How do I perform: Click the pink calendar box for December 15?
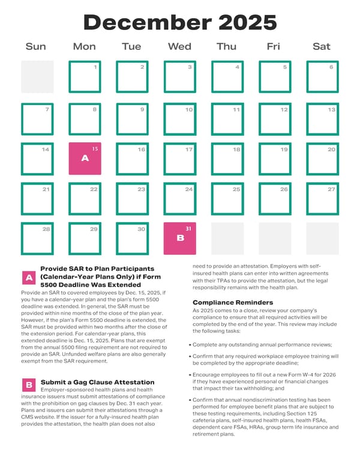pos(85,159)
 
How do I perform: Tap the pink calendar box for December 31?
pos(180,238)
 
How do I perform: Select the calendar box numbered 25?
pos(227,199)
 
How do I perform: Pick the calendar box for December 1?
pos(85,77)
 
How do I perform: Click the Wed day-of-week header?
pos(179,46)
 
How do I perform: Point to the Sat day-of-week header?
pos(322,46)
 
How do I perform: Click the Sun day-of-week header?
pos(35,46)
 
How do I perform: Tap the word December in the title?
pos(148,23)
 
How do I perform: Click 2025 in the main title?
pos(248,23)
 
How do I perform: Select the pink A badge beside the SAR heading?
pos(29,277)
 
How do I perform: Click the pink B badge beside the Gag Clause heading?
pos(29,385)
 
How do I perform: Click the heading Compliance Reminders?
pos(233,302)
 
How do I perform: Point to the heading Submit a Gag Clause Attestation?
pos(98,382)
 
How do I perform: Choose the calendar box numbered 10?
pos(180,119)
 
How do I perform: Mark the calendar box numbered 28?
pos(37,238)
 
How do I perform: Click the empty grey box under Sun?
pos(37,77)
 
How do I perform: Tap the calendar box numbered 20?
pos(323,159)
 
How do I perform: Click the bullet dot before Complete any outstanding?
pos(190,345)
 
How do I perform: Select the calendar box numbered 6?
pos(323,77)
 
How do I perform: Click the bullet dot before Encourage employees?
pos(190,375)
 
